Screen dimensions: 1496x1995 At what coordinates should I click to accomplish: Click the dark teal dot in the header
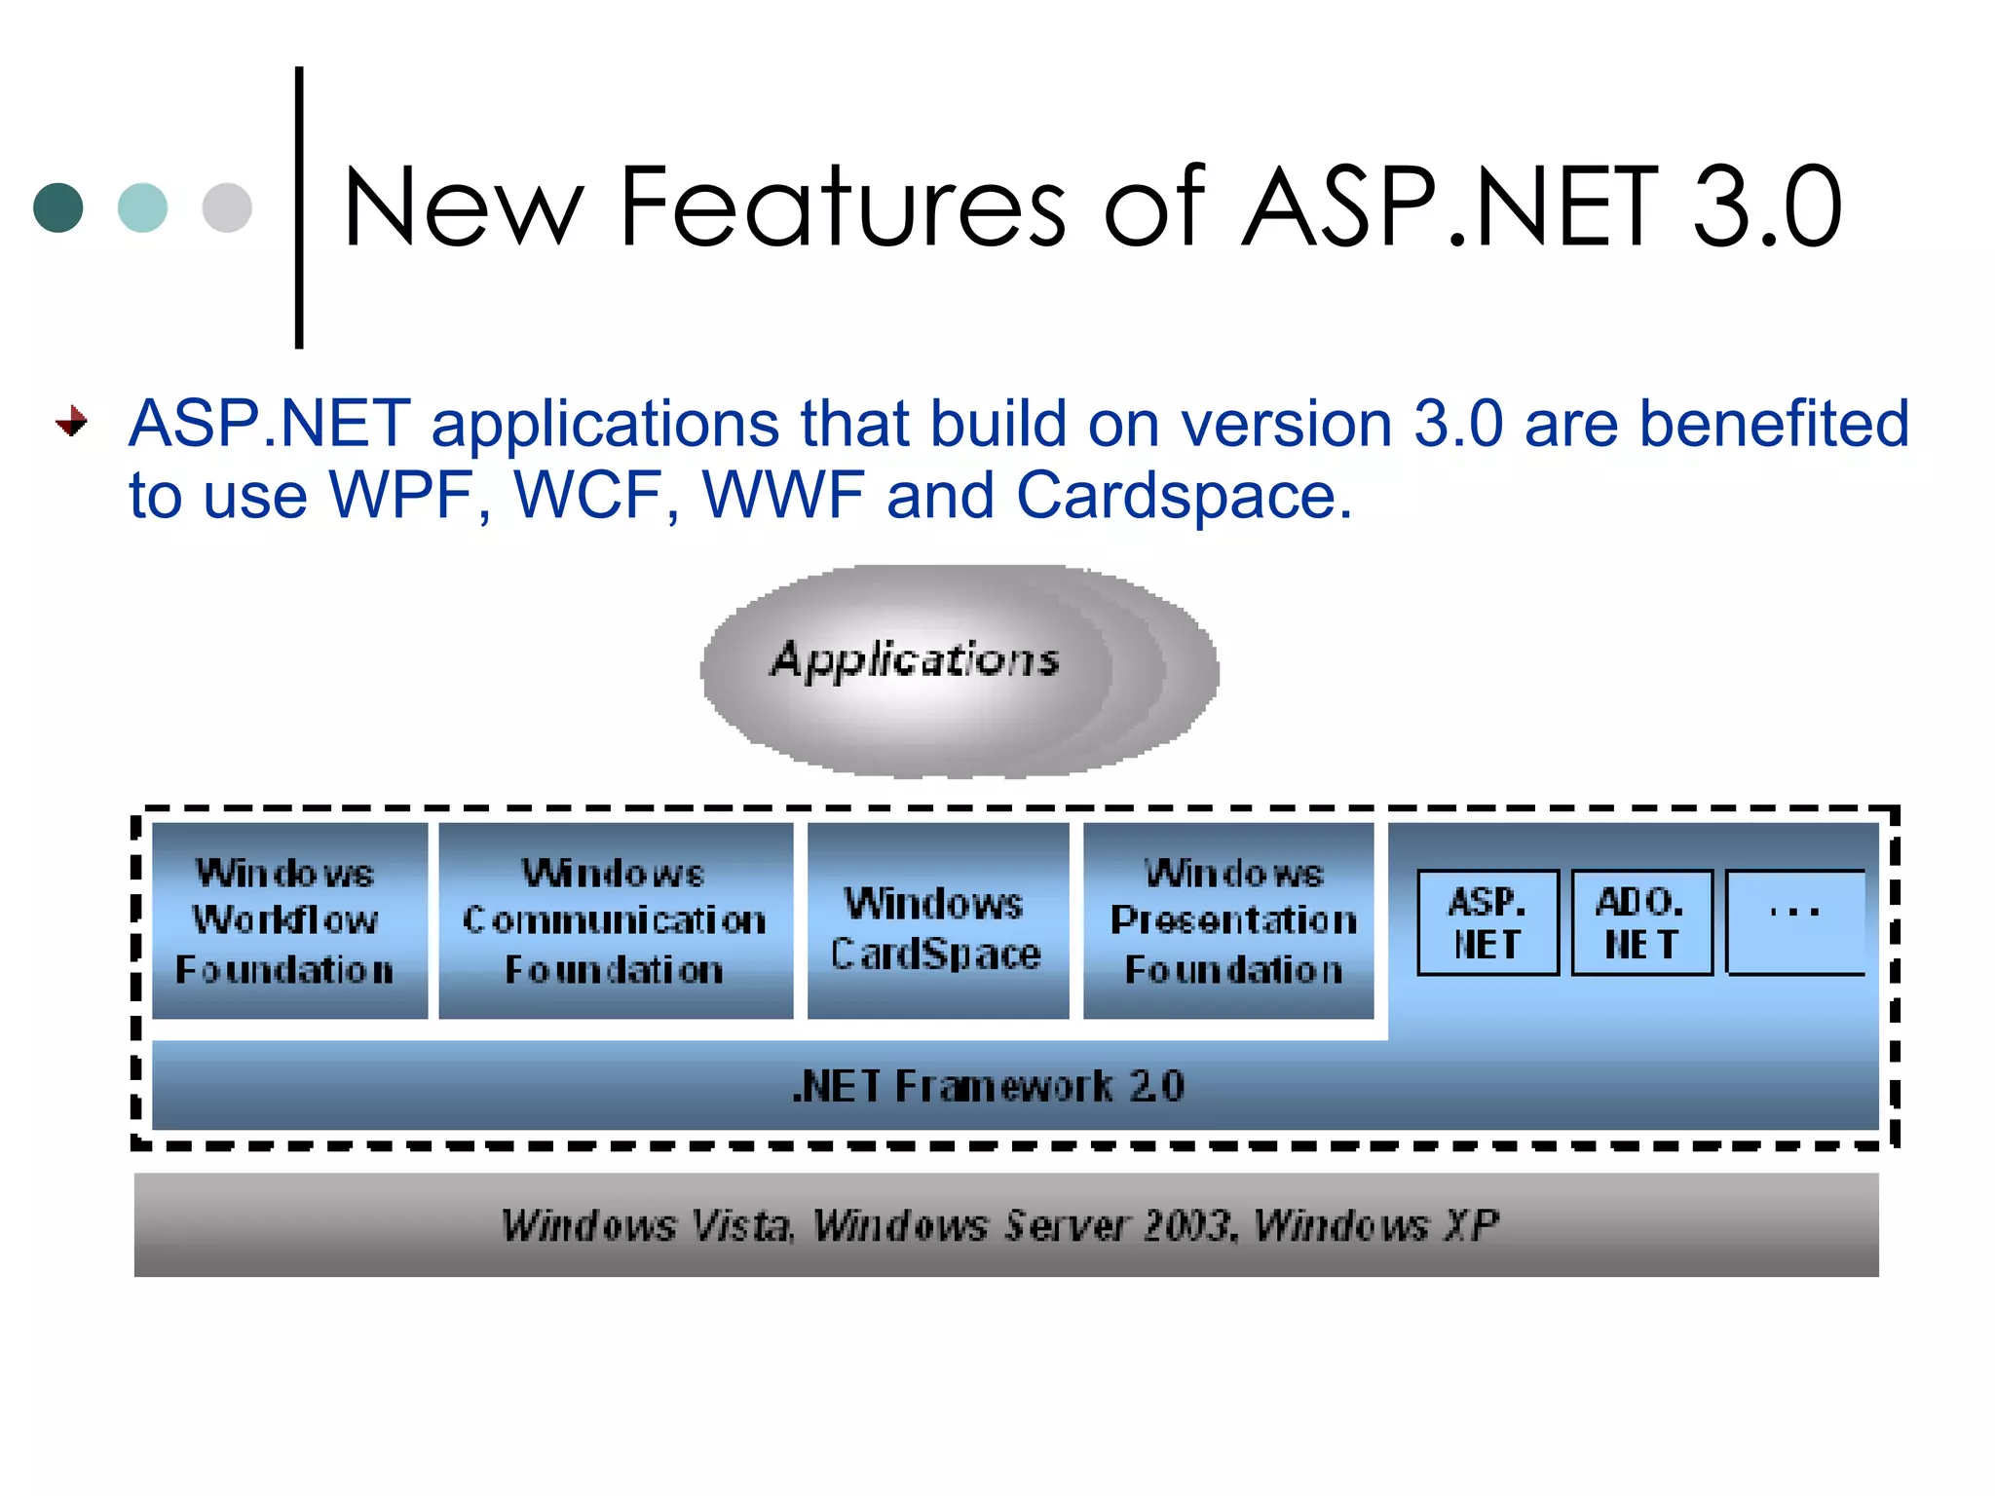click(58, 207)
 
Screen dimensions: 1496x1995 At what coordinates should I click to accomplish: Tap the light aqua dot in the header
click(142, 207)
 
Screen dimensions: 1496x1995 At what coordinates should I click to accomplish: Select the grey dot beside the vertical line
click(227, 207)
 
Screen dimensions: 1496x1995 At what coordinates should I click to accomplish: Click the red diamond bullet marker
click(72, 422)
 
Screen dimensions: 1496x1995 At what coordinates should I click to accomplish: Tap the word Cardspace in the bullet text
click(1183, 495)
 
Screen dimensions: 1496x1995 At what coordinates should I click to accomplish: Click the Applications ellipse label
click(914, 660)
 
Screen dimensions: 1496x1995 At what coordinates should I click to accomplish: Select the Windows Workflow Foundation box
click(289, 920)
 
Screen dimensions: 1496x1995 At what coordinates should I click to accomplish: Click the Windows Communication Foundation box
click(616, 920)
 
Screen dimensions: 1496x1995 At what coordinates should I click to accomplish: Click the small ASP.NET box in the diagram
click(1487, 922)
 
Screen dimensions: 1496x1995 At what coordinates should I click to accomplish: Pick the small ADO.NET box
click(1641, 922)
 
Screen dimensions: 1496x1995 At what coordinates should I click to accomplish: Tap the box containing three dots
click(1794, 921)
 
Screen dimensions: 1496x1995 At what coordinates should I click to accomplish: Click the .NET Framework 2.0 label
click(988, 1086)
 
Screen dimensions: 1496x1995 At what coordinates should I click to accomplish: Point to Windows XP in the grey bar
click(1375, 1225)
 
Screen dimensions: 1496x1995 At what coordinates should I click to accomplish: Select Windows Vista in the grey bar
click(647, 1225)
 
